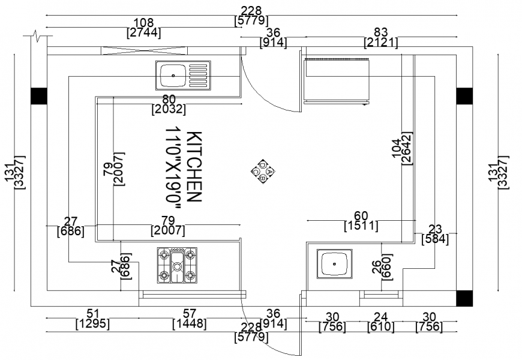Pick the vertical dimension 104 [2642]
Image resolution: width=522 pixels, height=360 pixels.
pos(401,153)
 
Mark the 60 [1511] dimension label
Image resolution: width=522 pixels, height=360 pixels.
pos(361,221)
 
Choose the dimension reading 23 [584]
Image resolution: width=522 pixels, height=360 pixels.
pos(436,234)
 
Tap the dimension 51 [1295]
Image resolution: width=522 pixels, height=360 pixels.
pos(93,319)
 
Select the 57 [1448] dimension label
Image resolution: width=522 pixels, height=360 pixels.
pos(190,319)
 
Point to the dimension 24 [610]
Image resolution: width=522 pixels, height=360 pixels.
pos(381,322)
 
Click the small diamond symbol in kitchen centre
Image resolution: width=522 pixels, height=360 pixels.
pos(263,172)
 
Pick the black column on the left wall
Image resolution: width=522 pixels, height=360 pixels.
pos(38,95)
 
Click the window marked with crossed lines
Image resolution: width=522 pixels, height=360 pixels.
pos(124,51)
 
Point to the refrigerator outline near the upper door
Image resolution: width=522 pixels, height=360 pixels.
pos(336,80)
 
